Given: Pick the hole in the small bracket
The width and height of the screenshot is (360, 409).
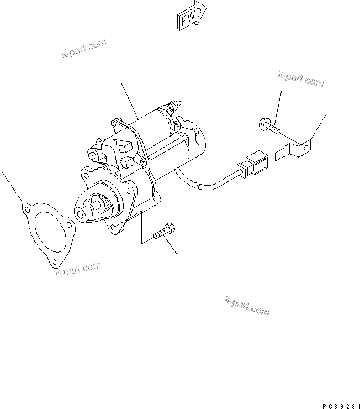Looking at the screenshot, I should tap(303, 146).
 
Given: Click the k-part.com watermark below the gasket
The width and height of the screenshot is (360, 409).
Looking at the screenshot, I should tap(78, 270).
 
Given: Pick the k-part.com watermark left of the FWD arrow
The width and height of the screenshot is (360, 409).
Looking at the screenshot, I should tap(82, 48).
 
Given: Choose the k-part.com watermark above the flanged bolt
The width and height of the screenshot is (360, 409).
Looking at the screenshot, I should tap(301, 78).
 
